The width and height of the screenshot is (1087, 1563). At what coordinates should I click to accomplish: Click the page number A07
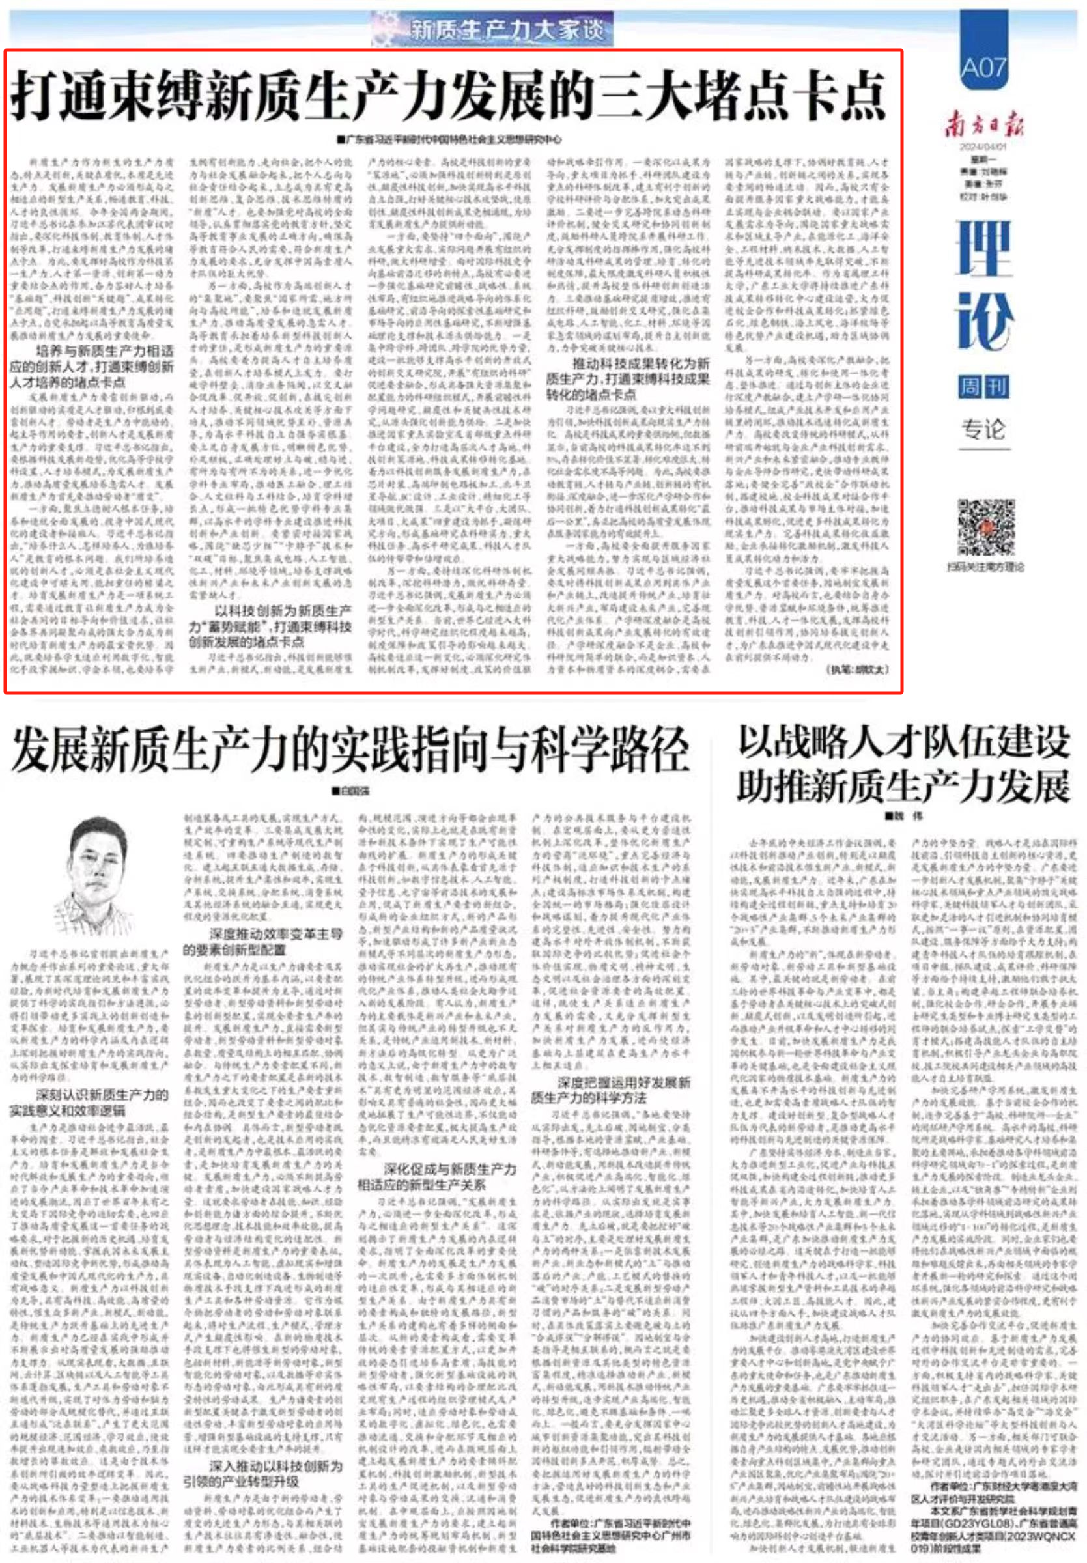tap(983, 66)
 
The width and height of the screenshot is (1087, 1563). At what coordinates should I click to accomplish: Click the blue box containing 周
tap(968, 388)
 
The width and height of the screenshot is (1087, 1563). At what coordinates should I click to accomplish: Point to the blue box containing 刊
tap(997, 388)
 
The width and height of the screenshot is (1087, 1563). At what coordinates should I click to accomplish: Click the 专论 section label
tap(983, 429)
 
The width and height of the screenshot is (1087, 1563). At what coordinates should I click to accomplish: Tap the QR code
tap(985, 528)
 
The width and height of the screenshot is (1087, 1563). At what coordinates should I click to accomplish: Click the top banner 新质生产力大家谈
tap(492, 29)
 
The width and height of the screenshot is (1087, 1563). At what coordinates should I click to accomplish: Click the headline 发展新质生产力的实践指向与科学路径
tap(350, 749)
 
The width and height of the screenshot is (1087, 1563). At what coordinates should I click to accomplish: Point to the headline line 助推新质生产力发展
tap(903, 786)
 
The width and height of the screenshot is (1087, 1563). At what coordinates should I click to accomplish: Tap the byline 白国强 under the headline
tap(350, 791)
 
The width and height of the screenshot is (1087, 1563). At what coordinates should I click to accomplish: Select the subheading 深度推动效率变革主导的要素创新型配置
tap(262, 942)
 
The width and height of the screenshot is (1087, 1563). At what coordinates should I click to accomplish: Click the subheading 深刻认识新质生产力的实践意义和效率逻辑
tap(89, 1103)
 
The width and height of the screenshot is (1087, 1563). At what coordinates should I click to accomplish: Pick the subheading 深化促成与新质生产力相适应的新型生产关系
tap(437, 1177)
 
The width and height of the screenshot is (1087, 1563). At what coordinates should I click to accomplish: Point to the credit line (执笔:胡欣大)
tap(857, 669)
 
